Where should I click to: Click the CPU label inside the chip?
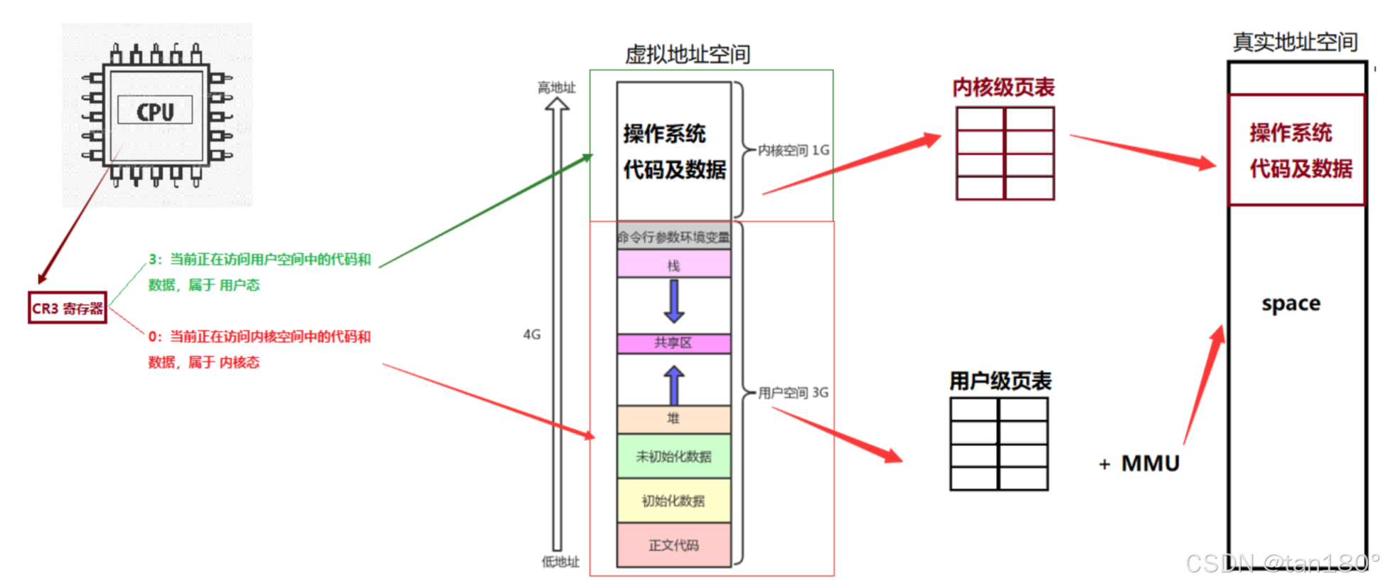pos(155,111)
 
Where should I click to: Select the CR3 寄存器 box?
pos(68,308)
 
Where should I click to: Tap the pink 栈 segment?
pos(673,265)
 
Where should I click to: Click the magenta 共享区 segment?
pos(673,343)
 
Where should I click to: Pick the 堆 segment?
pos(673,419)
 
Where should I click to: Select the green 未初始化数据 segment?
pos(673,457)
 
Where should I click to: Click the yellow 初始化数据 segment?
pos(673,501)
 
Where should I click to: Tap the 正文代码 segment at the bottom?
pos(673,545)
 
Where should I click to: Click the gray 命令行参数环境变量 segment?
pos(673,237)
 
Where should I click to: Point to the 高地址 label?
pos(556,87)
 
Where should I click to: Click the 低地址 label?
pos(560,562)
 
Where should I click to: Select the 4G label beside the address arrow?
pos(532,334)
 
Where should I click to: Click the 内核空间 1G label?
pos(794,150)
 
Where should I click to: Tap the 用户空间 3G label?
pos(794,393)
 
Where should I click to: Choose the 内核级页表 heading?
pos(1003,87)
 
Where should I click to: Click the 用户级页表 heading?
pos(1000,381)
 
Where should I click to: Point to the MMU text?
pos(1150,464)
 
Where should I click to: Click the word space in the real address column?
pos(1291,304)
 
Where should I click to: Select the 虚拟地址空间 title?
pos(688,54)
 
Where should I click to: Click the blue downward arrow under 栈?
pos(673,301)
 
